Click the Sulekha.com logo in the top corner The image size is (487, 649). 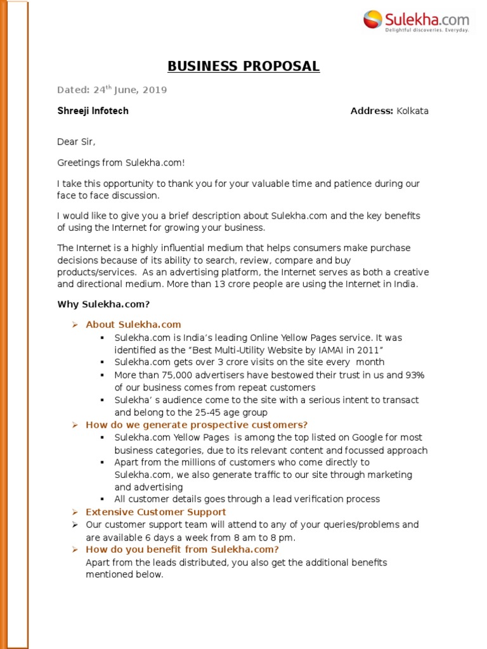(417, 20)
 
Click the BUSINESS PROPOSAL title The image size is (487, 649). (243, 67)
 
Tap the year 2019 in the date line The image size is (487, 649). (155, 90)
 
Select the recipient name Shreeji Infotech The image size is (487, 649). (93, 111)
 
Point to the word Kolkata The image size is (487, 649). (412, 111)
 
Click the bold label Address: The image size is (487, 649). (372, 111)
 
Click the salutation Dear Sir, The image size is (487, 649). (76, 142)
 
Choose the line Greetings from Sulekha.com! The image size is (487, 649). (121, 163)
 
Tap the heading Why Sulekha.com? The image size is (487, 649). (103, 304)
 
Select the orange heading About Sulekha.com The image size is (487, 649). (133, 324)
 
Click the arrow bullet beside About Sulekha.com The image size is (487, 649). (74, 324)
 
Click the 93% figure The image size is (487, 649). (415, 375)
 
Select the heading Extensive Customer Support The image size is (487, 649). (155, 511)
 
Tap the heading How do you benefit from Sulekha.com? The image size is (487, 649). (182, 549)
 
